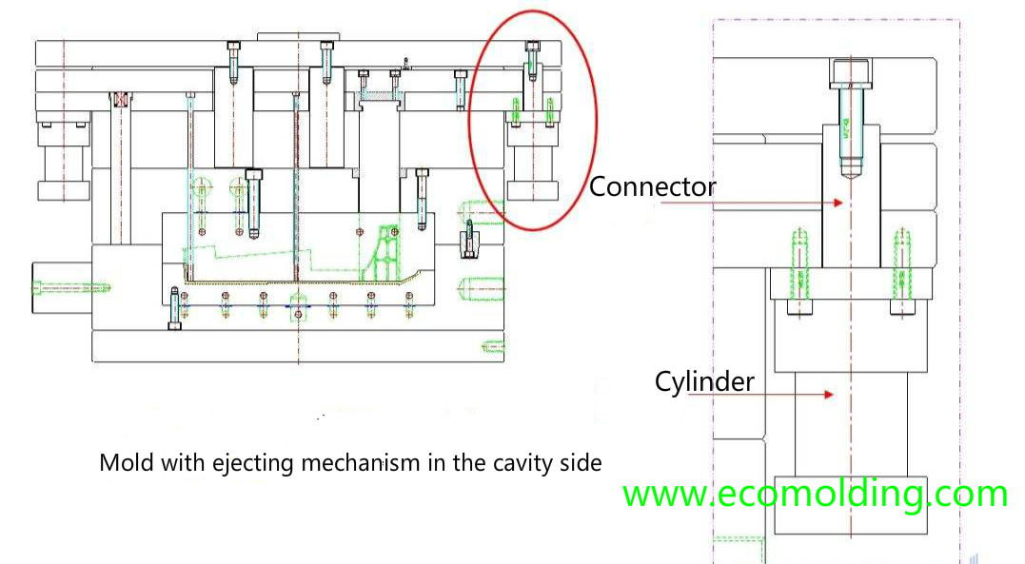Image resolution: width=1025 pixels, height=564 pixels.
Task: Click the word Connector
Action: click(x=652, y=186)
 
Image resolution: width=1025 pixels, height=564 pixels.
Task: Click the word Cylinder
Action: click(x=704, y=381)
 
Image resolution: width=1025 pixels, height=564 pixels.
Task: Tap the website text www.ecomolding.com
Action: click(x=815, y=495)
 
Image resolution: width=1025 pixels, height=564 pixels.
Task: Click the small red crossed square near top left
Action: click(x=120, y=99)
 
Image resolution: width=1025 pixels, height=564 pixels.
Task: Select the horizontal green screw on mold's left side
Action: click(x=72, y=284)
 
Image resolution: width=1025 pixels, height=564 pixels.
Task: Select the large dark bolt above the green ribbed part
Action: click(x=253, y=200)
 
